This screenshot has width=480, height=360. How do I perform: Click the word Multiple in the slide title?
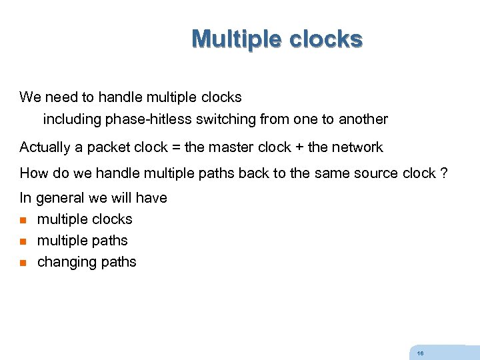(237, 39)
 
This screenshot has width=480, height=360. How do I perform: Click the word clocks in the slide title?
(326, 39)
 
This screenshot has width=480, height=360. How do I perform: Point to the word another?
(363, 119)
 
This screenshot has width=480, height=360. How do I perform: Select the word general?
(60, 198)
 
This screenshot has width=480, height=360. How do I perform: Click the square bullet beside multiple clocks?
(23, 220)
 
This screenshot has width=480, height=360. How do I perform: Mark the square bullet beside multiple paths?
(23, 241)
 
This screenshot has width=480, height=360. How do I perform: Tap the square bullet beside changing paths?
(23, 263)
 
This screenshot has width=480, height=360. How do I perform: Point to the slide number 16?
(419, 353)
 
